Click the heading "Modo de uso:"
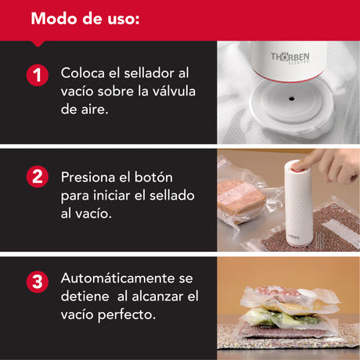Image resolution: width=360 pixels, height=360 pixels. [85, 19]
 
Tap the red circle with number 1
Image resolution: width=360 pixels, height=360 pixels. [38, 75]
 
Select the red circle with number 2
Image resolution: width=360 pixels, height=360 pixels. [38, 177]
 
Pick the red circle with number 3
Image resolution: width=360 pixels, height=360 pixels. [38, 282]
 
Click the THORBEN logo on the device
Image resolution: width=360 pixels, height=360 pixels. [290, 57]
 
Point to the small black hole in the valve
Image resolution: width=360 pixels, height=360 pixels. [291, 99]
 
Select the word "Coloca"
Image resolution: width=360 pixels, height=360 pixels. [83, 73]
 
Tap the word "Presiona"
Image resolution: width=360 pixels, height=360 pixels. [88, 178]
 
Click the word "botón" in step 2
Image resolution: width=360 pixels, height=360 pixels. [153, 177]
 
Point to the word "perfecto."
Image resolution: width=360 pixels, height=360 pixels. [127, 315]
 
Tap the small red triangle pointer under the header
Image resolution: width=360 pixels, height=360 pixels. [38, 44]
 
